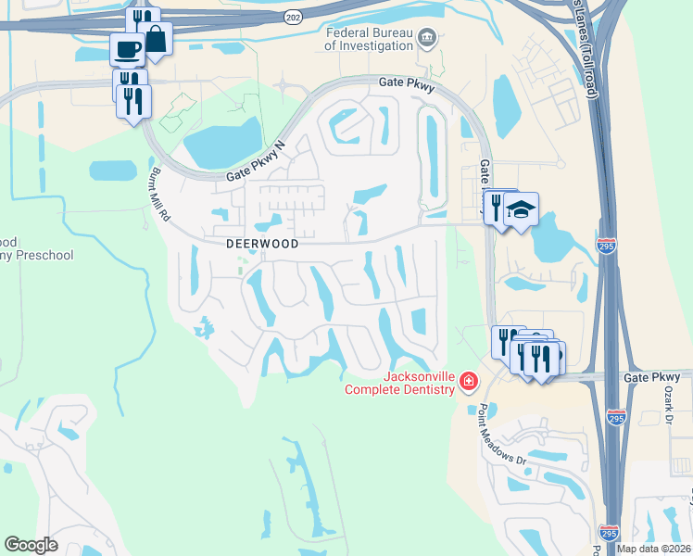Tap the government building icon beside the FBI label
click(x=427, y=38)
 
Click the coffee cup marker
click(x=126, y=48)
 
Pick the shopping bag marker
click(x=156, y=40)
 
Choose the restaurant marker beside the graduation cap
click(x=496, y=205)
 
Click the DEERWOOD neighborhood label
click(x=262, y=244)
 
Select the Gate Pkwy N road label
click(x=258, y=163)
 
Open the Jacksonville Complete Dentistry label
click(x=400, y=383)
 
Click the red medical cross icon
click(x=469, y=381)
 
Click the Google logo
click(x=31, y=544)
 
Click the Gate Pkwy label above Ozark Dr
click(x=651, y=377)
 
